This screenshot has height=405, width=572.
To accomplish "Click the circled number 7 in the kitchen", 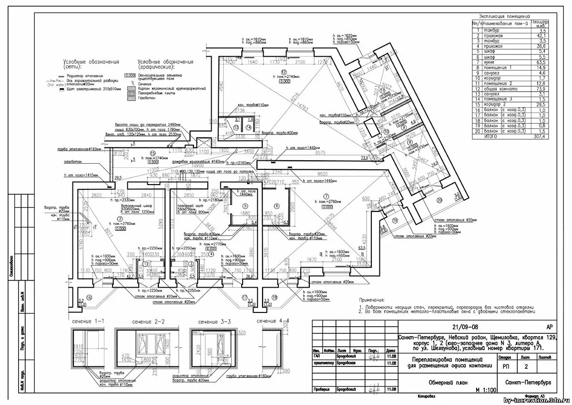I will [x=326, y=196].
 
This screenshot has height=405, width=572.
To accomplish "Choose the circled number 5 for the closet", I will [x=245, y=206].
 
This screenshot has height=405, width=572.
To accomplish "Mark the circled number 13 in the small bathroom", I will [x=236, y=127].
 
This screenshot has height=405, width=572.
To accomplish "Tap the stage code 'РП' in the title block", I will [x=505, y=367].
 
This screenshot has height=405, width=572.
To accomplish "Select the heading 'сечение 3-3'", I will [x=214, y=322].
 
